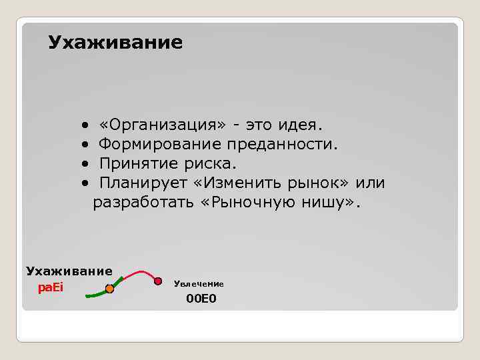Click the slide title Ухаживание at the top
point(115,43)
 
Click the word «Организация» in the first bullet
point(162,125)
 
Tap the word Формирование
point(160,144)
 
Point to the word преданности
point(282,144)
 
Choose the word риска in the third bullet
point(213,163)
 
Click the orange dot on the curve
point(110,289)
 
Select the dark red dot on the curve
point(158,281)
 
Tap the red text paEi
point(50,288)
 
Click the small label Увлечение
point(199,284)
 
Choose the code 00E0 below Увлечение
point(201,299)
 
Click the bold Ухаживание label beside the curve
point(69,271)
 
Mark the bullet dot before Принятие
point(85,164)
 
